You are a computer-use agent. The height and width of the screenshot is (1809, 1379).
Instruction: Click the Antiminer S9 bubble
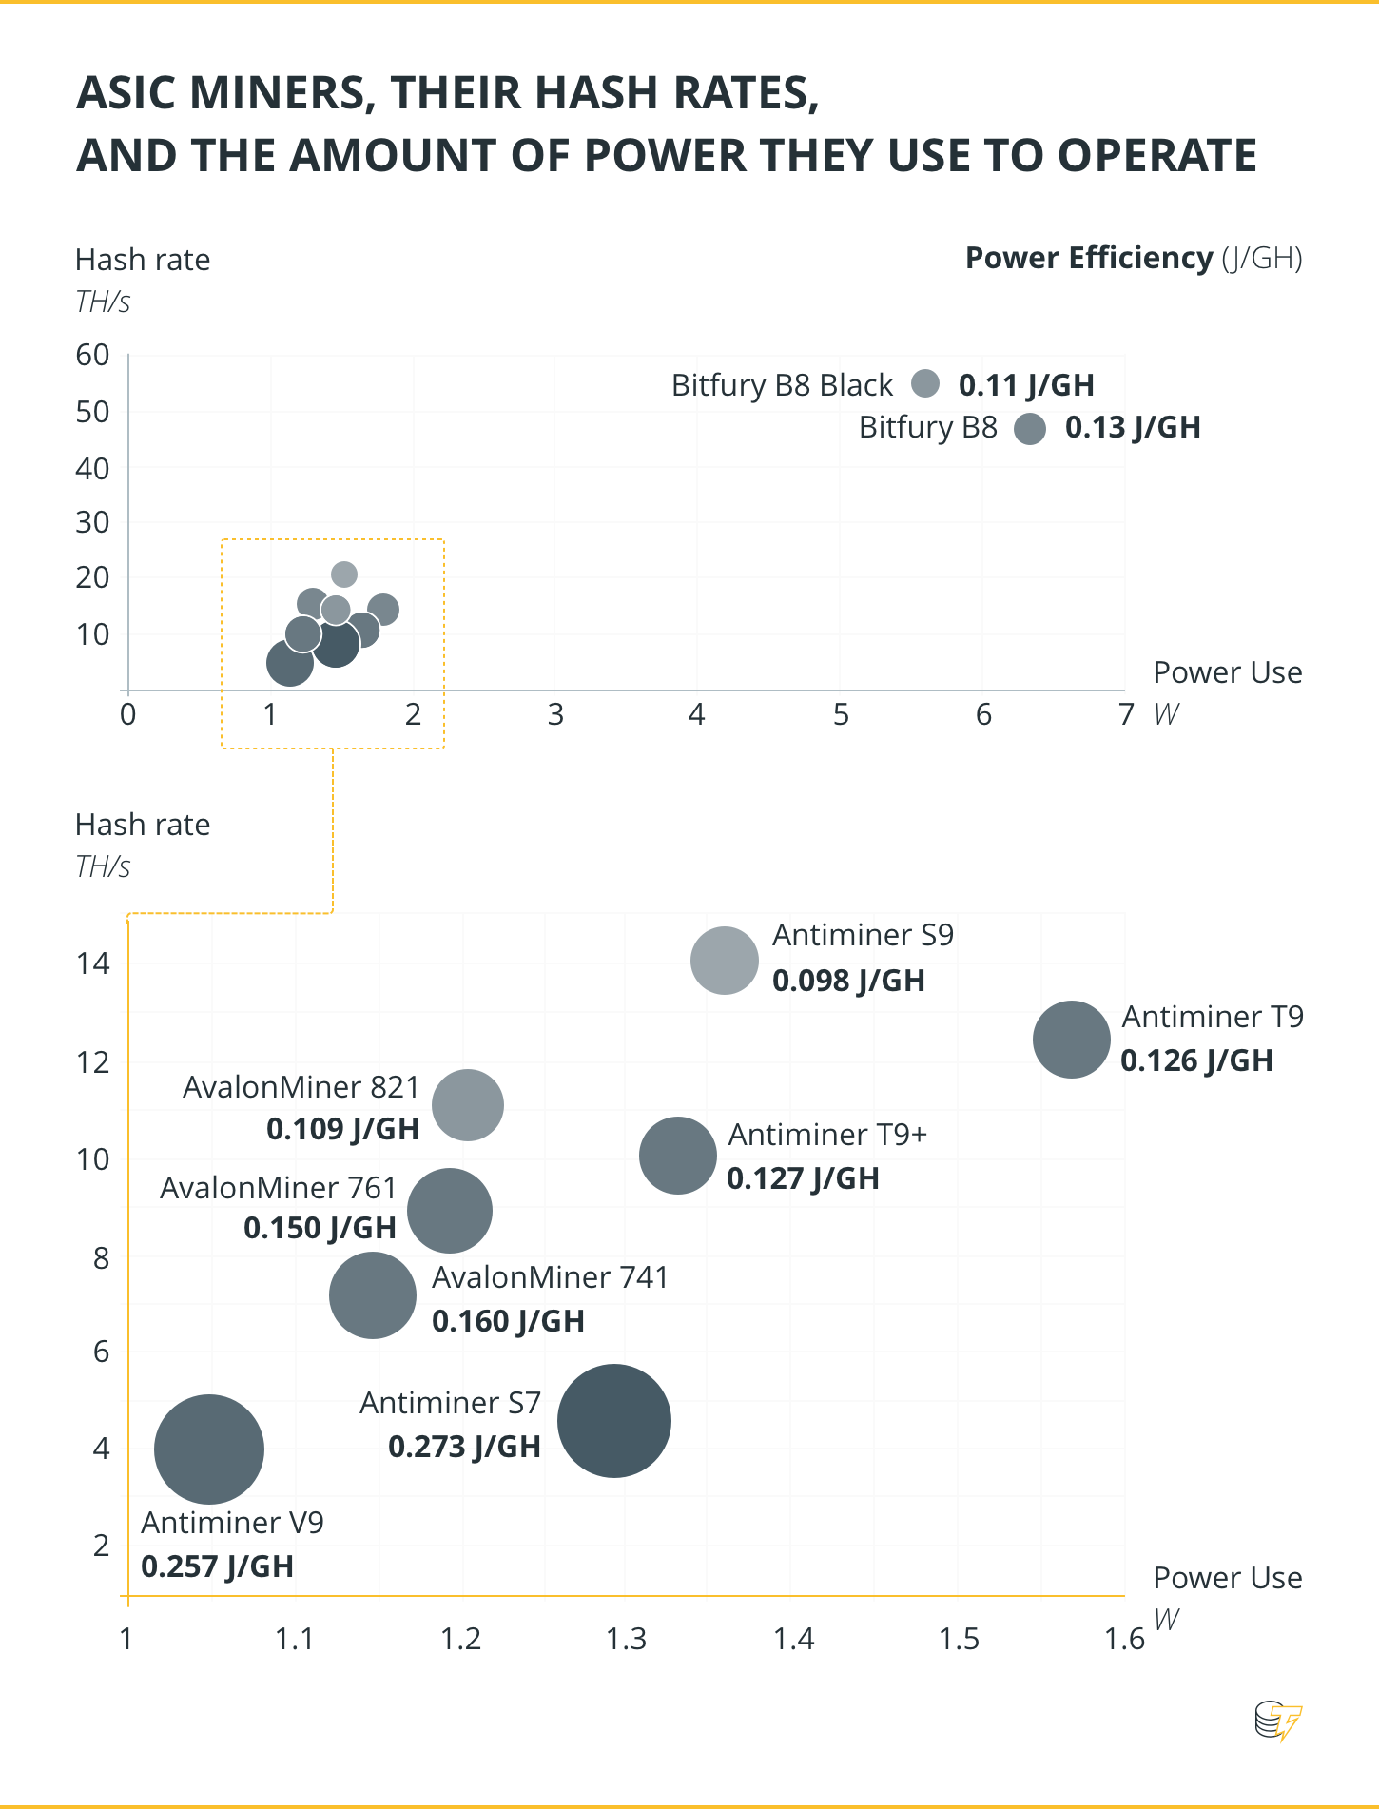click(x=725, y=961)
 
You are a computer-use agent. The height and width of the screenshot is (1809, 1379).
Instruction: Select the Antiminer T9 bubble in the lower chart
click(x=1071, y=1040)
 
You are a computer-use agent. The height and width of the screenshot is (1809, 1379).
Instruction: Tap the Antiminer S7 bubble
click(x=614, y=1421)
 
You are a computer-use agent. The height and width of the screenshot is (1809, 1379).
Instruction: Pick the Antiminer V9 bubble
click(x=209, y=1449)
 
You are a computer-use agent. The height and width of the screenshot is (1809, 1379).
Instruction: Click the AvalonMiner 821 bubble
click(x=468, y=1105)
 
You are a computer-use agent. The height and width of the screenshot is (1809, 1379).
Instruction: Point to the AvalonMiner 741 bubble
click(x=373, y=1295)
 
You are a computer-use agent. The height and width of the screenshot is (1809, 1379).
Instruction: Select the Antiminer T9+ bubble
click(x=677, y=1156)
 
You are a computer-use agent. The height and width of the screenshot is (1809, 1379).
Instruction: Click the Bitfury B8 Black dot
click(x=925, y=383)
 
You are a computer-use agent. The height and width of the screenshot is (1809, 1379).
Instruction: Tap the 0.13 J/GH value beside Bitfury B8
click(x=1133, y=428)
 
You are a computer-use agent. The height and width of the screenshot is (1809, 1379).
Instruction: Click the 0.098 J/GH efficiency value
click(x=848, y=981)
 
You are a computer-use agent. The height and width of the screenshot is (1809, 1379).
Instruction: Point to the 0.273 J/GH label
click(x=464, y=1447)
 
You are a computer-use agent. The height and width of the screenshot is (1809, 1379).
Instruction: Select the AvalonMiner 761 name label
click(x=278, y=1188)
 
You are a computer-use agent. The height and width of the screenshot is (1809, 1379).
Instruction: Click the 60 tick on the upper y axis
click(x=93, y=355)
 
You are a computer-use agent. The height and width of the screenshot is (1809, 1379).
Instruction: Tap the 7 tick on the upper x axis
click(x=1126, y=714)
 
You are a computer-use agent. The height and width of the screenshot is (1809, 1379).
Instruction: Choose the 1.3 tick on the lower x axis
click(x=627, y=1639)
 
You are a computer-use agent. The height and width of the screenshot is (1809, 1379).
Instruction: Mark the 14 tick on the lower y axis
click(x=93, y=963)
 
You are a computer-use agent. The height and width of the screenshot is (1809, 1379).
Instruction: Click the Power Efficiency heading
click(x=1089, y=258)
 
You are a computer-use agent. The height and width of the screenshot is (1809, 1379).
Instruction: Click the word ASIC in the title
click(x=126, y=93)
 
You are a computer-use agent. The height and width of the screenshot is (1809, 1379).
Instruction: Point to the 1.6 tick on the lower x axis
click(x=1124, y=1639)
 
